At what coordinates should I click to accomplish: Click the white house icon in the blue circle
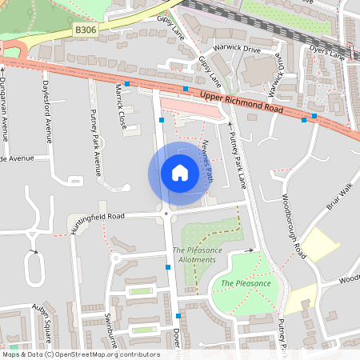tap(180, 173)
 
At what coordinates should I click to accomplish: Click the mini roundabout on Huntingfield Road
tap(166, 214)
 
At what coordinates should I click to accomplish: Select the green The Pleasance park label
tap(246, 283)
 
